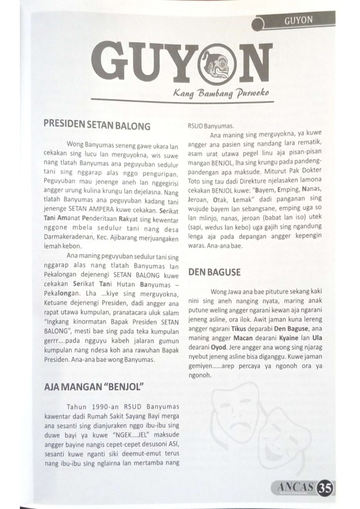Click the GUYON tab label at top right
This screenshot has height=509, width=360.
pos(298,20)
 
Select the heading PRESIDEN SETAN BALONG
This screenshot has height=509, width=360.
pos(97,126)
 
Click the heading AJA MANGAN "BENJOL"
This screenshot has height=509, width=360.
pos(94,386)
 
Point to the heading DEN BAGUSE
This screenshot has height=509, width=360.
pos(214,272)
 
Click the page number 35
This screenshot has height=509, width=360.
pos(326,486)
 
